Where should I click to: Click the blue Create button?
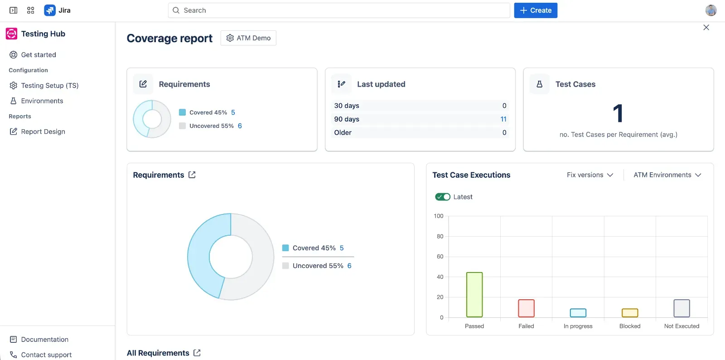pyautogui.click(x=535, y=10)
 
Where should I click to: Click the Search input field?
pyautogui.click(x=338, y=10)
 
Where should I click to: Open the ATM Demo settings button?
pyautogui.click(x=248, y=38)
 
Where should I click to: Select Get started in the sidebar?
pyautogui.click(x=39, y=55)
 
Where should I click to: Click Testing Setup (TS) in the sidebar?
pyautogui.click(x=49, y=86)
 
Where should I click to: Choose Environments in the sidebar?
pyautogui.click(x=42, y=101)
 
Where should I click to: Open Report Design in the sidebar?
pyautogui.click(x=43, y=131)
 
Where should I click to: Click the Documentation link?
pyautogui.click(x=44, y=340)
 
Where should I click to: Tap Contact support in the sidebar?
pyautogui.click(x=46, y=355)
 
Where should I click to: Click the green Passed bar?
pyautogui.click(x=474, y=295)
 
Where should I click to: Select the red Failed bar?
pyautogui.click(x=526, y=308)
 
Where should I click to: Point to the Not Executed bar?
pyautogui.click(x=681, y=308)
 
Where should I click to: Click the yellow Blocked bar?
pyautogui.click(x=630, y=313)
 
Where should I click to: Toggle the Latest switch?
pyautogui.click(x=443, y=197)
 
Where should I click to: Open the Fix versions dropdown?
pyautogui.click(x=590, y=175)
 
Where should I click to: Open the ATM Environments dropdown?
pyautogui.click(x=667, y=175)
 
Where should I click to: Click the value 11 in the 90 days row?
pyautogui.click(x=503, y=119)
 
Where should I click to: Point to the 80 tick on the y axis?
pyautogui.click(x=440, y=236)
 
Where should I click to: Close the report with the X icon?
pyautogui.click(x=706, y=28)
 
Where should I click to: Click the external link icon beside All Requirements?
pyautogui.click(x=197, y=353)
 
